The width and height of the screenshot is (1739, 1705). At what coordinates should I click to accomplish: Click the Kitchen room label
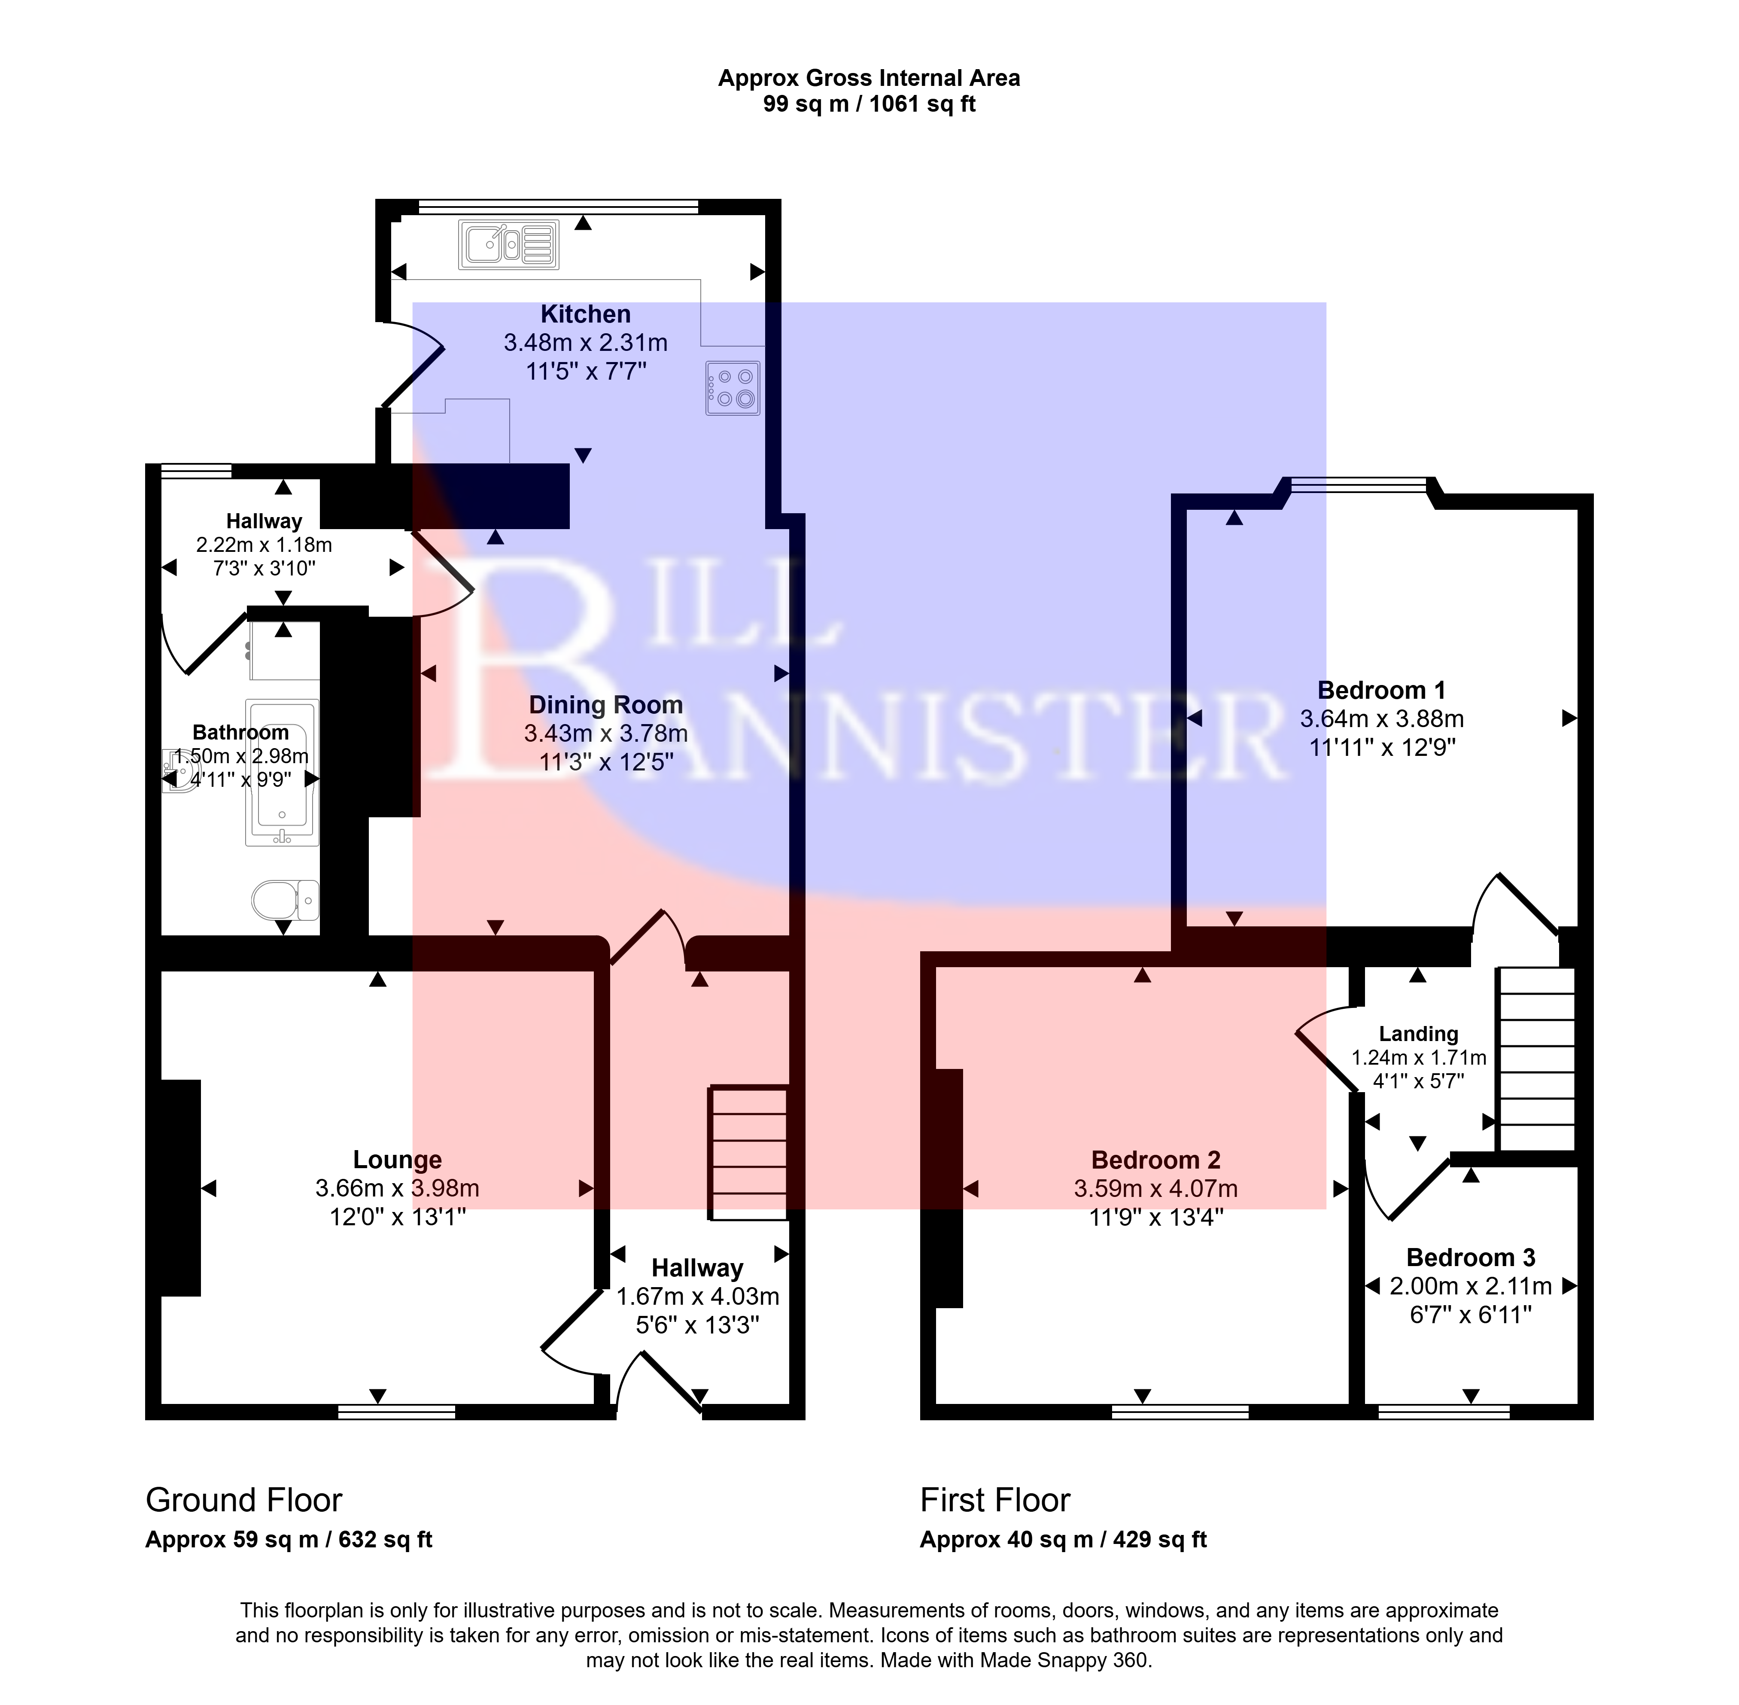point(586,314)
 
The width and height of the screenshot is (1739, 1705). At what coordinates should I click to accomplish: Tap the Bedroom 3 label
point(1470,1258)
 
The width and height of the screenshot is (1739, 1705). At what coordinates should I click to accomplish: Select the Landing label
point(1418,1034)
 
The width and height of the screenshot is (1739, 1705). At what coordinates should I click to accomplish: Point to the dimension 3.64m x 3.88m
point(1382,719)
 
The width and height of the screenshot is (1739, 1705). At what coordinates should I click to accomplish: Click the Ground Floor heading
point(243,1500)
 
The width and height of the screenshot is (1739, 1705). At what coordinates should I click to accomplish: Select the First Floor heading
point(995,1500)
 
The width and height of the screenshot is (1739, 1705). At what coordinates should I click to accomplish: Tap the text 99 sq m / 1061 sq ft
point(869,105)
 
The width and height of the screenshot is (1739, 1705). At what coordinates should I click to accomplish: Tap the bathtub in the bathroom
point(282,773)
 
